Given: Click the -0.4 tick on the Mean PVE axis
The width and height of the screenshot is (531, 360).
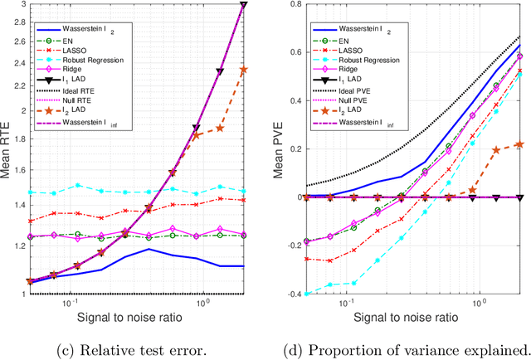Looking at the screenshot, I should [287, 294].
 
